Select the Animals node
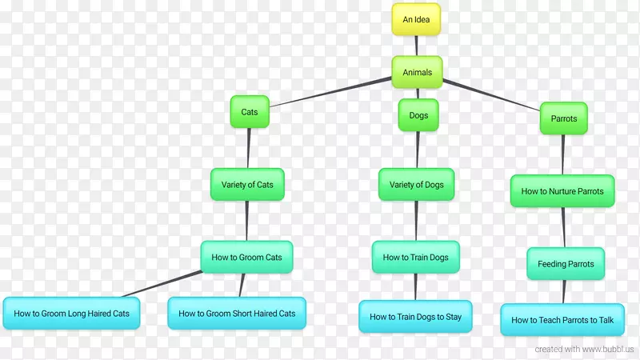pyautogui.click(x=417, y=72)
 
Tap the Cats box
pyautogui.click(x=250, y=112)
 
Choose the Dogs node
pyautogui.click(x=418, y=115)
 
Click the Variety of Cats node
pyautogui.click(x=247, y=185)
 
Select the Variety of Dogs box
pyautogui.click(x=416, y=185)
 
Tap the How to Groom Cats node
pyautogui.click(x=246, y=258)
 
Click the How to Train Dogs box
pyautogui.click(x=415, y=258)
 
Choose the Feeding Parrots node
pyautogui.click(x=566, y=264)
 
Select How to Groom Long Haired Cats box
pyautogui.click(x=71, y=313)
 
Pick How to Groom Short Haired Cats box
pyautogui.click(x=237, y=313)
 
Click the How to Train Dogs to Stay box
pyautogui.click(x=415, y=317)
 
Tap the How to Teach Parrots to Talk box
pyautogui.click(x=562, y=320)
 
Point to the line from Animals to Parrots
pyautogui.click(x=492, y=94)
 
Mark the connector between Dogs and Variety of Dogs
pyautogui.click(x=417, y=150)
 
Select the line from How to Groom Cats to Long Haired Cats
pyautogui.click(x=160, y=284)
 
